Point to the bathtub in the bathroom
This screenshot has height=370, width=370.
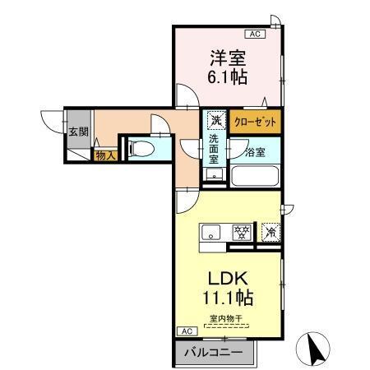pyautogui.click(x=255, y=175)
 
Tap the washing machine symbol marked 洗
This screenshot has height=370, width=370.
pyautogui.click(x=215, y=121)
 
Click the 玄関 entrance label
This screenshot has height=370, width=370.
pyautogui.click(x=77, y=132)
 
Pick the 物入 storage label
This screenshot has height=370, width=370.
pyautogui.click(x=104, y=155)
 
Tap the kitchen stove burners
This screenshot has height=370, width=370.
pyautogui.click(x=242, y=232)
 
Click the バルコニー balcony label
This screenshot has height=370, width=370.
pyautogui.click(x=213, y=352)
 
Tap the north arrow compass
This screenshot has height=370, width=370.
pyautogui.click(x=317, y=349)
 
